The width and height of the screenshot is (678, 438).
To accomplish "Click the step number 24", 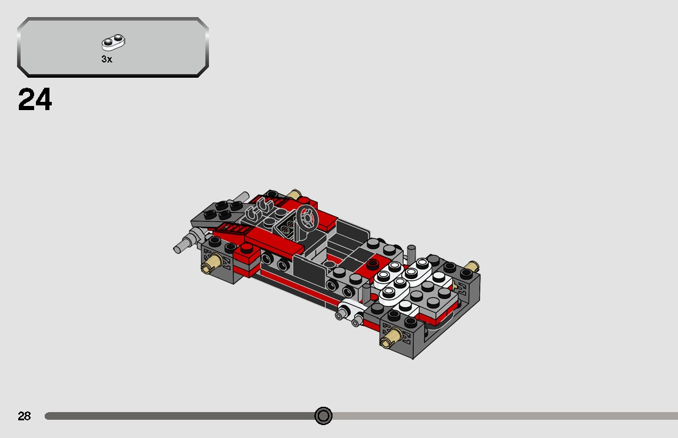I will (x=35, y=100).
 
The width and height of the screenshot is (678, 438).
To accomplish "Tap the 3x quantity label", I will (x=107, y=59).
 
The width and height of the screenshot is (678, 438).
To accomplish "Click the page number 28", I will (x=24, y=416).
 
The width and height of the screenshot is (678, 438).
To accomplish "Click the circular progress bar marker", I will (x=323, y=416).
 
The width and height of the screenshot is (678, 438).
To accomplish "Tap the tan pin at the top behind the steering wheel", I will (x=294, y=195).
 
